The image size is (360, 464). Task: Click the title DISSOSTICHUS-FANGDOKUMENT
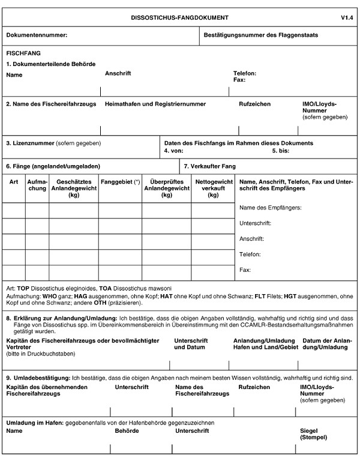pyautogui.click(x=179, y=19)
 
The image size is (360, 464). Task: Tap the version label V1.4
pyautogui.click(x=347, y=19)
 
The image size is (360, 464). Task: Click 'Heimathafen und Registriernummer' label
pyautogui.click(x=155, y=104)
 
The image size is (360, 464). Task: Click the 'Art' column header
pyautogui.click(x=14, y=181)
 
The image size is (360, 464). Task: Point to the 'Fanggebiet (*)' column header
pyautogui.click(x=120, y=181)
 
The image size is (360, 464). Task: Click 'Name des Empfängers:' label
pyautogui.click(x=270, y=208)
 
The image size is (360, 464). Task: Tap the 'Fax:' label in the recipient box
pyautogui.click(x=245, y=270)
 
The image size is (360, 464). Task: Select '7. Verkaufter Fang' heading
pyautogui.click(x=210, y=166)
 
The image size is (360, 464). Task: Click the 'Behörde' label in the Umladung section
pyautogui.click(x=127, y=431)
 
